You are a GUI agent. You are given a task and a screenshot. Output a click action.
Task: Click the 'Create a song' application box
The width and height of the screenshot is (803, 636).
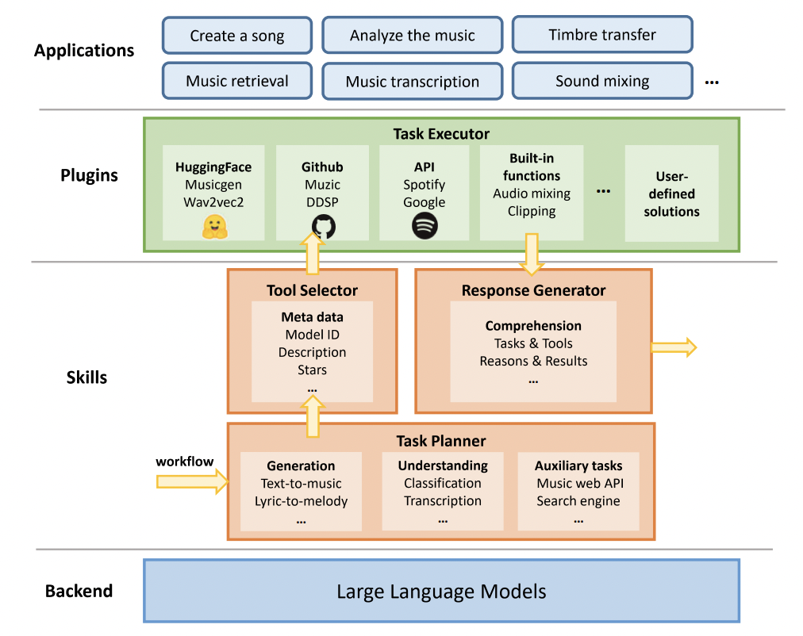[236, 36]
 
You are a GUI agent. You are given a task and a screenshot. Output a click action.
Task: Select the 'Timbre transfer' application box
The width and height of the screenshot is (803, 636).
[602, 35]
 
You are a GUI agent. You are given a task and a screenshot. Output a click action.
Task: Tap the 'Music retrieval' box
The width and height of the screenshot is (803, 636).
[236, 81]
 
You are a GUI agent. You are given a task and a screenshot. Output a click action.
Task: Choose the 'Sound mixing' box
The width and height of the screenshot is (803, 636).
[602, 81]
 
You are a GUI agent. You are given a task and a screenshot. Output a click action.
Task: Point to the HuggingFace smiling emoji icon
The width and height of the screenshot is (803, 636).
[213, 226]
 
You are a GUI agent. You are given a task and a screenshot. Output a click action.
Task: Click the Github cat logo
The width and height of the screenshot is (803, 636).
[322, 226]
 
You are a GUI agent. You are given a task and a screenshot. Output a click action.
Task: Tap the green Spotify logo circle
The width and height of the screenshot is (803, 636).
[425, 226]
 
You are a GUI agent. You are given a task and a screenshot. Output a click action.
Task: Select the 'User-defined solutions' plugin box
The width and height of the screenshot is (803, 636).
[671, 193]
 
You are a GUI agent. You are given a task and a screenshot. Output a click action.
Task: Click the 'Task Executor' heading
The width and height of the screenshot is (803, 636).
[441, 133]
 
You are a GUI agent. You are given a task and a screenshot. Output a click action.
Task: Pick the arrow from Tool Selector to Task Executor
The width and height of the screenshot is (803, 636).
[313, 252]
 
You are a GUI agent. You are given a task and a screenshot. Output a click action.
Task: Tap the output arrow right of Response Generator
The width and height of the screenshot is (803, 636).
[674, 347]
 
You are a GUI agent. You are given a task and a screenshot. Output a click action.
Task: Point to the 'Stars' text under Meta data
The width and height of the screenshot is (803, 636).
[312, 370]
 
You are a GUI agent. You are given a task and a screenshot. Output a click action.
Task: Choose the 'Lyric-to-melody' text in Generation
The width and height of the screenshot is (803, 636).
[301, 501]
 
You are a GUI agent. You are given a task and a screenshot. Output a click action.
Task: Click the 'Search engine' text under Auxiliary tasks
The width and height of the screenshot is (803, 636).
[578, 501]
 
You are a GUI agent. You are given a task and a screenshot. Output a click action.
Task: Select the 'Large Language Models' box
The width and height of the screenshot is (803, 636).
[441, 591]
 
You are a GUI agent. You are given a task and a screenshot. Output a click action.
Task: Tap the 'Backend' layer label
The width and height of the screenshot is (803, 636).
[79, 591]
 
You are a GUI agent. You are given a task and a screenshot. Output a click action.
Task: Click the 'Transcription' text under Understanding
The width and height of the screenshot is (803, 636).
[442, 501]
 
